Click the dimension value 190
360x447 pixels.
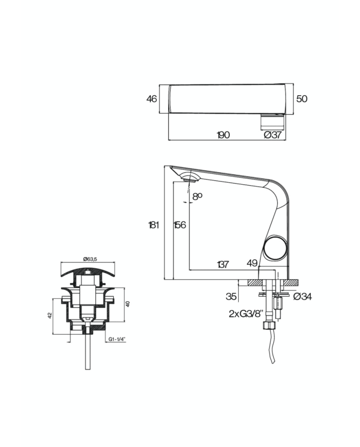(223, 135)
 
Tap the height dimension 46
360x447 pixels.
(152, 99)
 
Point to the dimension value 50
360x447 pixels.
(302, 99)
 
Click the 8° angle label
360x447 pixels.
(197, 196)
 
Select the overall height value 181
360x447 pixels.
(154, 225)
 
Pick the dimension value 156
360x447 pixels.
(179, 225)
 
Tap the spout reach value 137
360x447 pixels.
(223, 264)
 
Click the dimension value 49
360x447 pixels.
(251, 263)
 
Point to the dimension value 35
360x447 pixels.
(231, 296)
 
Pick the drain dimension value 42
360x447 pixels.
(49, 315)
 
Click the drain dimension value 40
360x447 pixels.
(128, 304)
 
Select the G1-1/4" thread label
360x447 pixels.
(117, 339)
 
